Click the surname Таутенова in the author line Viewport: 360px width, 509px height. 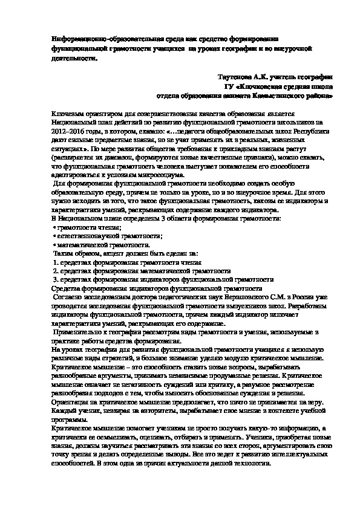[238, 78]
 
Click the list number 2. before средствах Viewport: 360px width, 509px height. [55, 272]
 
